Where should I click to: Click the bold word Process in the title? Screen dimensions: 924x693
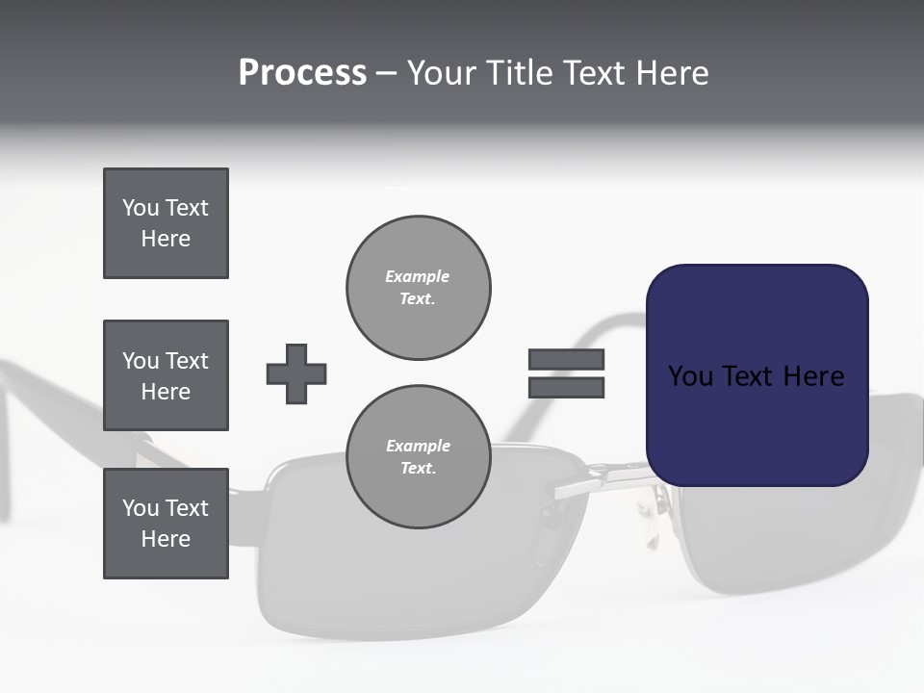coord(302,73)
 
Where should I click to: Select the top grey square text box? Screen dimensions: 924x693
coord(166,223)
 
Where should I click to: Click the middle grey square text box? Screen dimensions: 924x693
coord(166,375)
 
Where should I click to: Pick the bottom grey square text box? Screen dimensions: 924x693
coord(166,524)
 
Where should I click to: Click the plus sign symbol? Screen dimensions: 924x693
coord(296,373)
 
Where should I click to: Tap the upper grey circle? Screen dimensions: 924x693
coord(418,288)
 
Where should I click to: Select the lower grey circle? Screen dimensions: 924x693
coord(418,457)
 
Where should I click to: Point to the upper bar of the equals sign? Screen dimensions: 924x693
coord(566,360)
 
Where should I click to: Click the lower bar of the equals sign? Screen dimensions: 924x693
coord(566,387)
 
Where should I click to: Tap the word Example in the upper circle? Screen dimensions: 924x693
coord(417,277)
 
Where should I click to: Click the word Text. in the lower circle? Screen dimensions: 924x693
coord(418,469)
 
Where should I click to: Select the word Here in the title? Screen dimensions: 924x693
coord(672,73)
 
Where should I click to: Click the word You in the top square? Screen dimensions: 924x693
coord(141,208)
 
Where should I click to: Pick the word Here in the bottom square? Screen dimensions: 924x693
coord(166,539)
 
